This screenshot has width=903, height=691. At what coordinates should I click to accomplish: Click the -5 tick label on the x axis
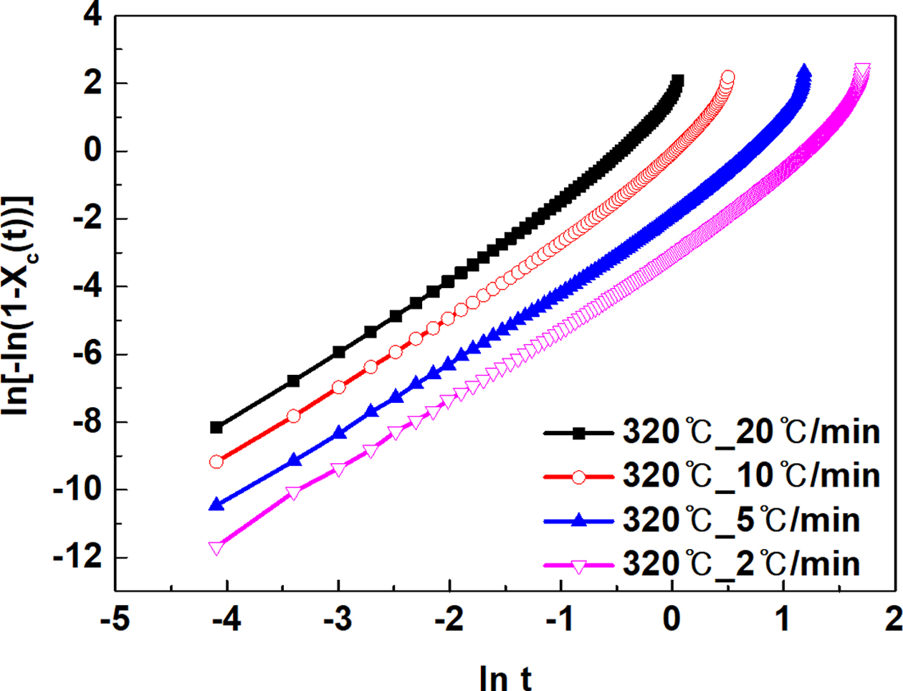coord(115,620)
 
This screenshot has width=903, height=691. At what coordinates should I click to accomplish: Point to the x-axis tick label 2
coord(893,620)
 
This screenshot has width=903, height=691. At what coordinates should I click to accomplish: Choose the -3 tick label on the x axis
coord(338,620)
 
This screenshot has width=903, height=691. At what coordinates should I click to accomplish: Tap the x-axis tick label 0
coord(672,620)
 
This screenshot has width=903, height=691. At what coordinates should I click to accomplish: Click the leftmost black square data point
coord(216,427)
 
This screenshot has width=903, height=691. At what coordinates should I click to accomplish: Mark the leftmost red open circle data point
coord(216,462)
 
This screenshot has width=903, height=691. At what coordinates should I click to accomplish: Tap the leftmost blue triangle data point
coord(216,505)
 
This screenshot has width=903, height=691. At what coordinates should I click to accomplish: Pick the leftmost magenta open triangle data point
coord(216,548)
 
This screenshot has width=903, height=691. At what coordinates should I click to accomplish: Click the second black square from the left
coord(293,381)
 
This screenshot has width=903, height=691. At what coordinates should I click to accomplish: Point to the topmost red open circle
coord(728,77)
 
